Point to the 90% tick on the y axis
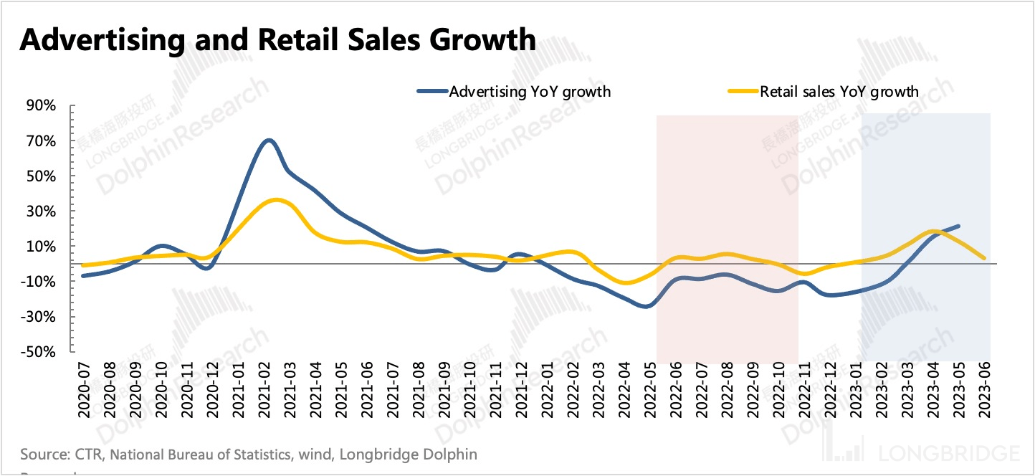pyautogui.click(x=41, y=106)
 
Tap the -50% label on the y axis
pyautogui.click(x=39, y=352)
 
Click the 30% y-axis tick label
pyautogui.click(x=41, y=211)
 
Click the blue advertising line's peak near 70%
pyautogui.click(x=268, y=141)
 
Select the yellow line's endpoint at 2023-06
pyautogui.click(x=985, y=258)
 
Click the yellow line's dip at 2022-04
pyautogui.click(x=626, y=282)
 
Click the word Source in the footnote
pyautogui.click(x=40, y=454)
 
